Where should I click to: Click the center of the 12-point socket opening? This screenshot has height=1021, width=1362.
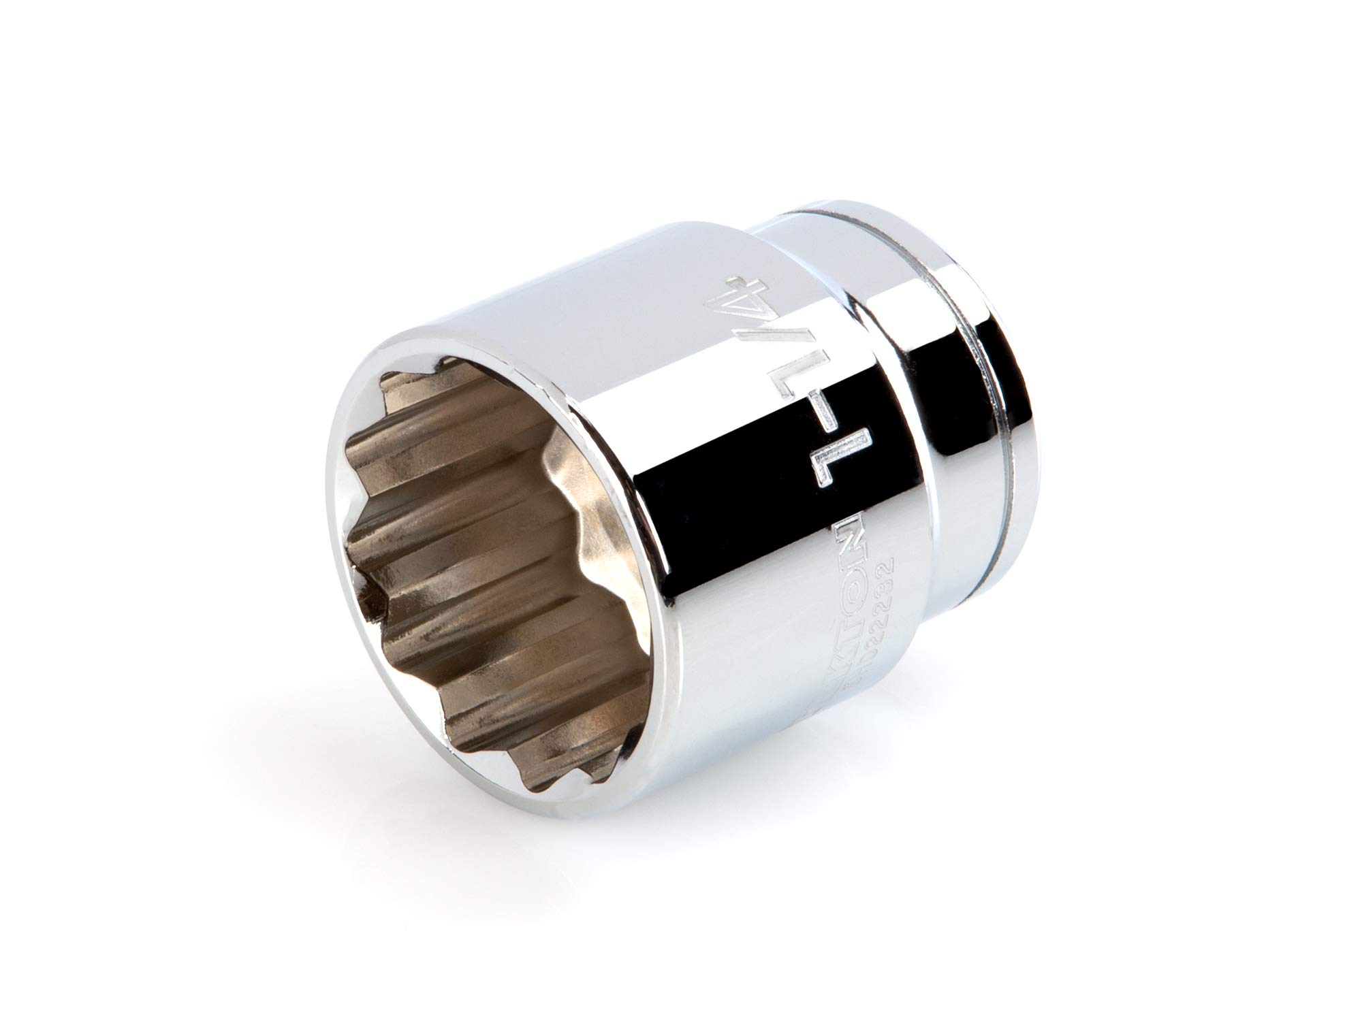(477, 545)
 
